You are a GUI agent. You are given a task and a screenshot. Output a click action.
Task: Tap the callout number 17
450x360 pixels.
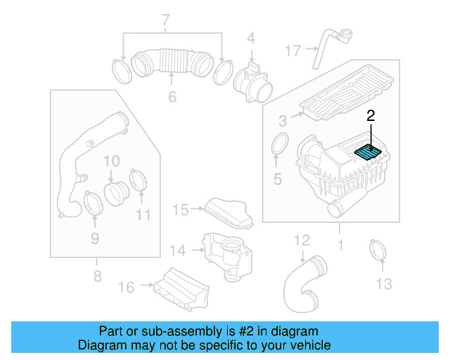click(292, 50)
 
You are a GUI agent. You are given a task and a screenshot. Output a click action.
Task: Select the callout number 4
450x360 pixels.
click(250, 38)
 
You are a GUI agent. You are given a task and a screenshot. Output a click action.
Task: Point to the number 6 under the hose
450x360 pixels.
click(172, 97)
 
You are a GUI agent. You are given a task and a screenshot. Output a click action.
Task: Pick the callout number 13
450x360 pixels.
click(383, 283)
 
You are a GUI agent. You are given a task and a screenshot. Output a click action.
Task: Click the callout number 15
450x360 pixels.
click(181, 209)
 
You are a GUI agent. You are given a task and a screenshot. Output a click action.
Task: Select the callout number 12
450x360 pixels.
click(301, 240)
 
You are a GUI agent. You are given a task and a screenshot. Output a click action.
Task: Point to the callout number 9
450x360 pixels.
click(94, 239)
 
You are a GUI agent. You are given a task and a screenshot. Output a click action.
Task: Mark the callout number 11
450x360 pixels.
click(143, 214)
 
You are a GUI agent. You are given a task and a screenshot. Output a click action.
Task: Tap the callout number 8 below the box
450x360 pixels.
click(98, 277)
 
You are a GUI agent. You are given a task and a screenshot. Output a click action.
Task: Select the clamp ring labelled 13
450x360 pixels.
click(380, 250)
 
